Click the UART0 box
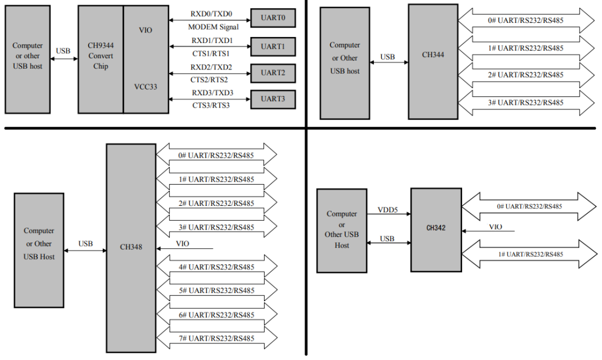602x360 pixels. (273, 19)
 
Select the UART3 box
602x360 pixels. (273, 99)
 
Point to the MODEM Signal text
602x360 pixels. (213, 27)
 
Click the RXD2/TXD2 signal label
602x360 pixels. (212, 67)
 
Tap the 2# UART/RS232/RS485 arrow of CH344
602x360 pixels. (526, 75)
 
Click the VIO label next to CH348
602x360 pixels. (183, 244)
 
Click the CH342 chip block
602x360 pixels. (436, 228)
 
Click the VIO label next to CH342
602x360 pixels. (496, 227)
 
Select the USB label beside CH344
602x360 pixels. (388, 57)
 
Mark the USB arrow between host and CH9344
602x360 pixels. (63, 58)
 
